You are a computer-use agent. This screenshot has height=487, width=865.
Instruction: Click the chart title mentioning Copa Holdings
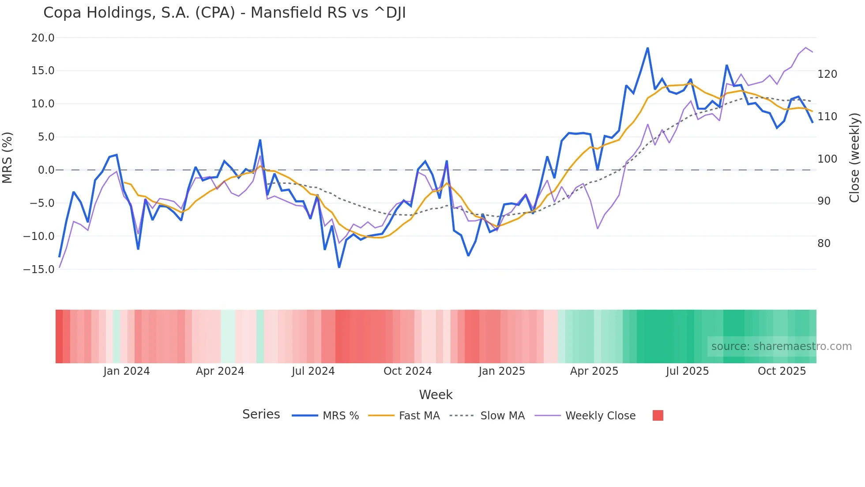tap(224, 13)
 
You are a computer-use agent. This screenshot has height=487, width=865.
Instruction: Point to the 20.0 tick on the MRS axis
tap(43, 38)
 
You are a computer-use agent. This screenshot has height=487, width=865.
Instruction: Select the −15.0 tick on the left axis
tap(39, 269)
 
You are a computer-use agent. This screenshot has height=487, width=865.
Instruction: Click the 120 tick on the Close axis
tap(827, 74)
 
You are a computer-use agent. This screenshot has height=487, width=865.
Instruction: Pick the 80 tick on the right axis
tap(824, 243)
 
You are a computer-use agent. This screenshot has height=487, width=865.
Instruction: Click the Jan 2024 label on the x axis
tap(127, 371)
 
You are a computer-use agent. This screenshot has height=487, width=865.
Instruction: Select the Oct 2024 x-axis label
tap(407, 371)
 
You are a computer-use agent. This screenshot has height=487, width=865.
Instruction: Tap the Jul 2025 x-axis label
tap(687, 371)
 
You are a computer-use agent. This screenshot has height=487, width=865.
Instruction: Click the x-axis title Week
tap(436, 395)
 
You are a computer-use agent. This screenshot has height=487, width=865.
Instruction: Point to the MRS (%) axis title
tap(8, 157)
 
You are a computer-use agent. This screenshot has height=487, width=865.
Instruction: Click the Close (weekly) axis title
tap(854, 157)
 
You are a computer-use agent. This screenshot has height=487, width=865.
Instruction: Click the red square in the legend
tap(658, 415)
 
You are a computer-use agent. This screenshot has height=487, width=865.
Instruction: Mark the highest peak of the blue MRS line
tap(647, 48)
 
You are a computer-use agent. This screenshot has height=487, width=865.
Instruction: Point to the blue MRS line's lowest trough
tap(339, 267)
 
